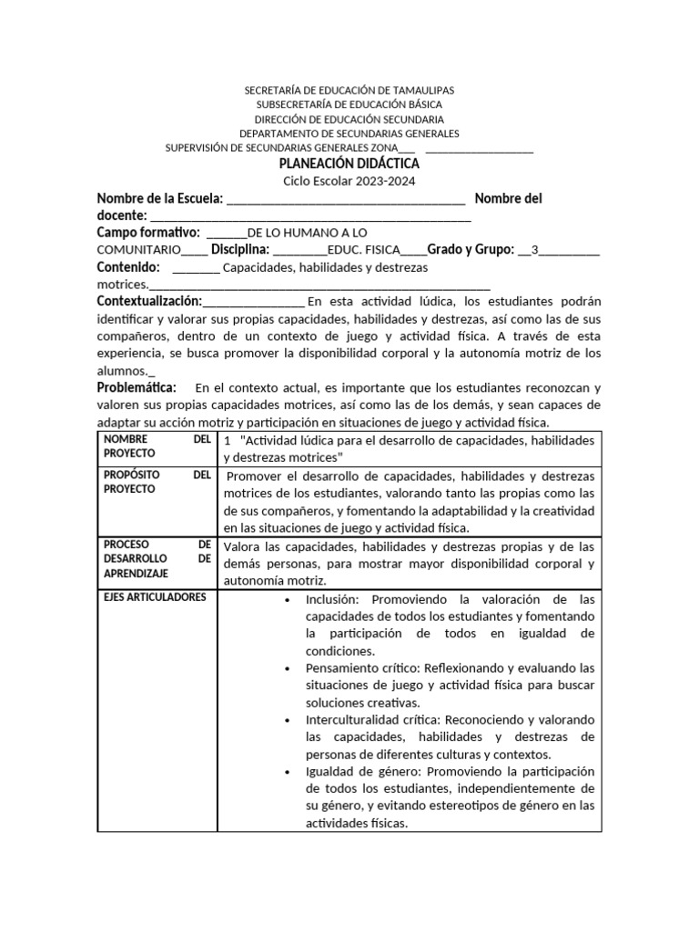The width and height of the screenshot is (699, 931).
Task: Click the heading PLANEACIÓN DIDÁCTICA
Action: pos(349,164)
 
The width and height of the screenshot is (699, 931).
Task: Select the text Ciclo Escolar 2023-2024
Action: pos(349,181)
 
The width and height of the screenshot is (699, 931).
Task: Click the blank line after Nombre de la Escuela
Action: pos(345,200)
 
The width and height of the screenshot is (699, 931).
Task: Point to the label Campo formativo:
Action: pos(148,233)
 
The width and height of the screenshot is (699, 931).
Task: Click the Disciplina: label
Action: pos(239,250)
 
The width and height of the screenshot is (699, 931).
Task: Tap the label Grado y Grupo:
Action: pos(471,250)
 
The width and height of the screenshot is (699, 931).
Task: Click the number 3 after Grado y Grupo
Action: pos(534,250)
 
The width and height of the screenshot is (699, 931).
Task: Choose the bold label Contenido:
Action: pos(128,267)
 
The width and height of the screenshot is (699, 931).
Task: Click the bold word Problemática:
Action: pos(137,387)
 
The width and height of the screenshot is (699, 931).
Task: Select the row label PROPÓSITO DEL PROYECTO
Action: pos(157,482)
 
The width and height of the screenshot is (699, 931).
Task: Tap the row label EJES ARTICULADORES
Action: pos(155,597)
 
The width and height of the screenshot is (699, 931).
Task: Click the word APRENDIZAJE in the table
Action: pos(137,575)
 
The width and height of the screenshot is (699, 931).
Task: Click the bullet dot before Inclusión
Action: pos(287,600)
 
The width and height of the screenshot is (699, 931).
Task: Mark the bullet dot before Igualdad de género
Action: pos(287,771)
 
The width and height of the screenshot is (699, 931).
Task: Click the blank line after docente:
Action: pos(310,216)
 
